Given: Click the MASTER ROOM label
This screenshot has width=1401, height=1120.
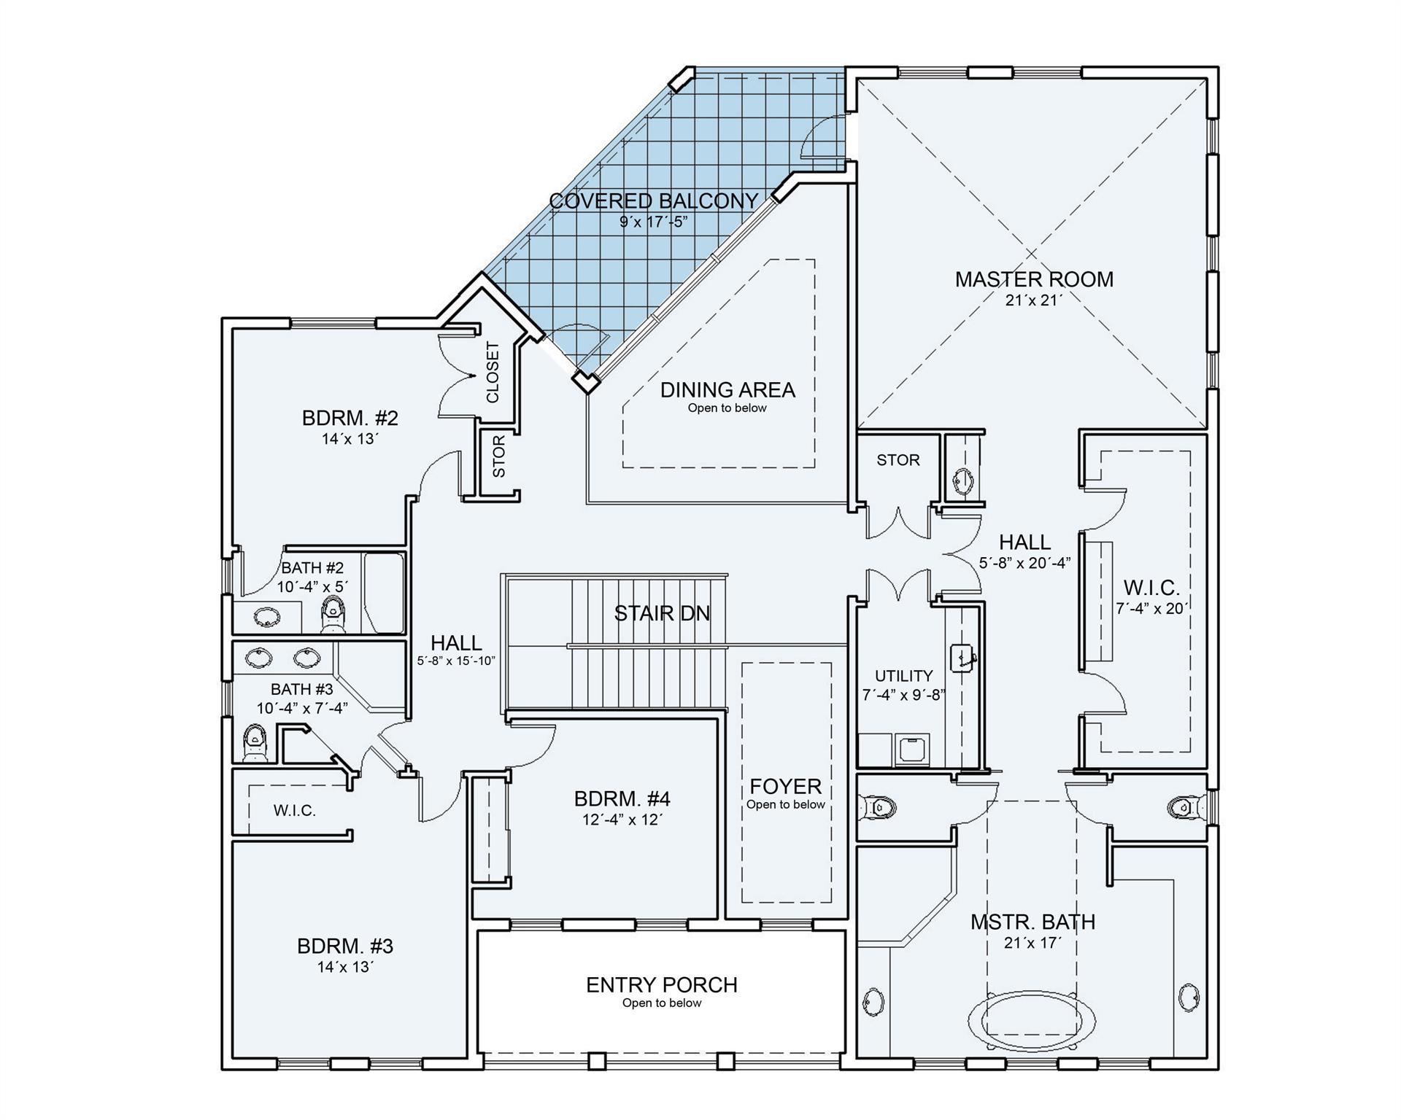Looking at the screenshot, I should click(x=1034, y=279).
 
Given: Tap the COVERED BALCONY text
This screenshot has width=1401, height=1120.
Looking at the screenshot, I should click(x=653, y=201).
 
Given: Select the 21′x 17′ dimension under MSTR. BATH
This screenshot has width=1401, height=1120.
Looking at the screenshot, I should click(x=1032, y=943).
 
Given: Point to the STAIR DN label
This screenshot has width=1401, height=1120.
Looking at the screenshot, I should click(x=662, y=613).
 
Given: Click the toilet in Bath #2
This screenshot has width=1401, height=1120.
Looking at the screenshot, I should click(x=333, y=615).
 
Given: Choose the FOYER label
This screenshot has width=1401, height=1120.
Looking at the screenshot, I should click(x=785, y=786).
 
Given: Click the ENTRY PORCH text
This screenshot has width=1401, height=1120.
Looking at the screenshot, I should click(x=662, y=984).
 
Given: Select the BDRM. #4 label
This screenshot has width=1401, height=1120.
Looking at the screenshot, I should click(x=622, y=798).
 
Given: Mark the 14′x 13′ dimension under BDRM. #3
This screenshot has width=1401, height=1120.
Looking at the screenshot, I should click(x=345, y=967).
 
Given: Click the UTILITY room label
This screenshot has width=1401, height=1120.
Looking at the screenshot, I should click(x=903, y=676).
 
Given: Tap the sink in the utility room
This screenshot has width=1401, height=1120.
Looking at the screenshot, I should click(x=962, y=658).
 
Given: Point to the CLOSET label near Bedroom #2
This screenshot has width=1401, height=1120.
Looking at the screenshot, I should click(x=493, y=372).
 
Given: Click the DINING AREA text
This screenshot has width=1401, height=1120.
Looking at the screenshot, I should click(x=727, y=390).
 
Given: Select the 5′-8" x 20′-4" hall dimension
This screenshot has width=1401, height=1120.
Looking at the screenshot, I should click(x=1024, y=563).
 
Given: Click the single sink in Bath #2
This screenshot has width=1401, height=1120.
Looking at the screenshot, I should click(x=267, y=618).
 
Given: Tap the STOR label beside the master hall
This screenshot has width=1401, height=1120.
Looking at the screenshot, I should click(x=898, y=460).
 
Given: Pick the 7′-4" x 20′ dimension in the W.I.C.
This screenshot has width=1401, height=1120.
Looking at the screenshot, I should click(x=1151, y=608).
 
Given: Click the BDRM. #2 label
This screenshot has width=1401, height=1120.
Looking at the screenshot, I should click(x=350, y=419).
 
